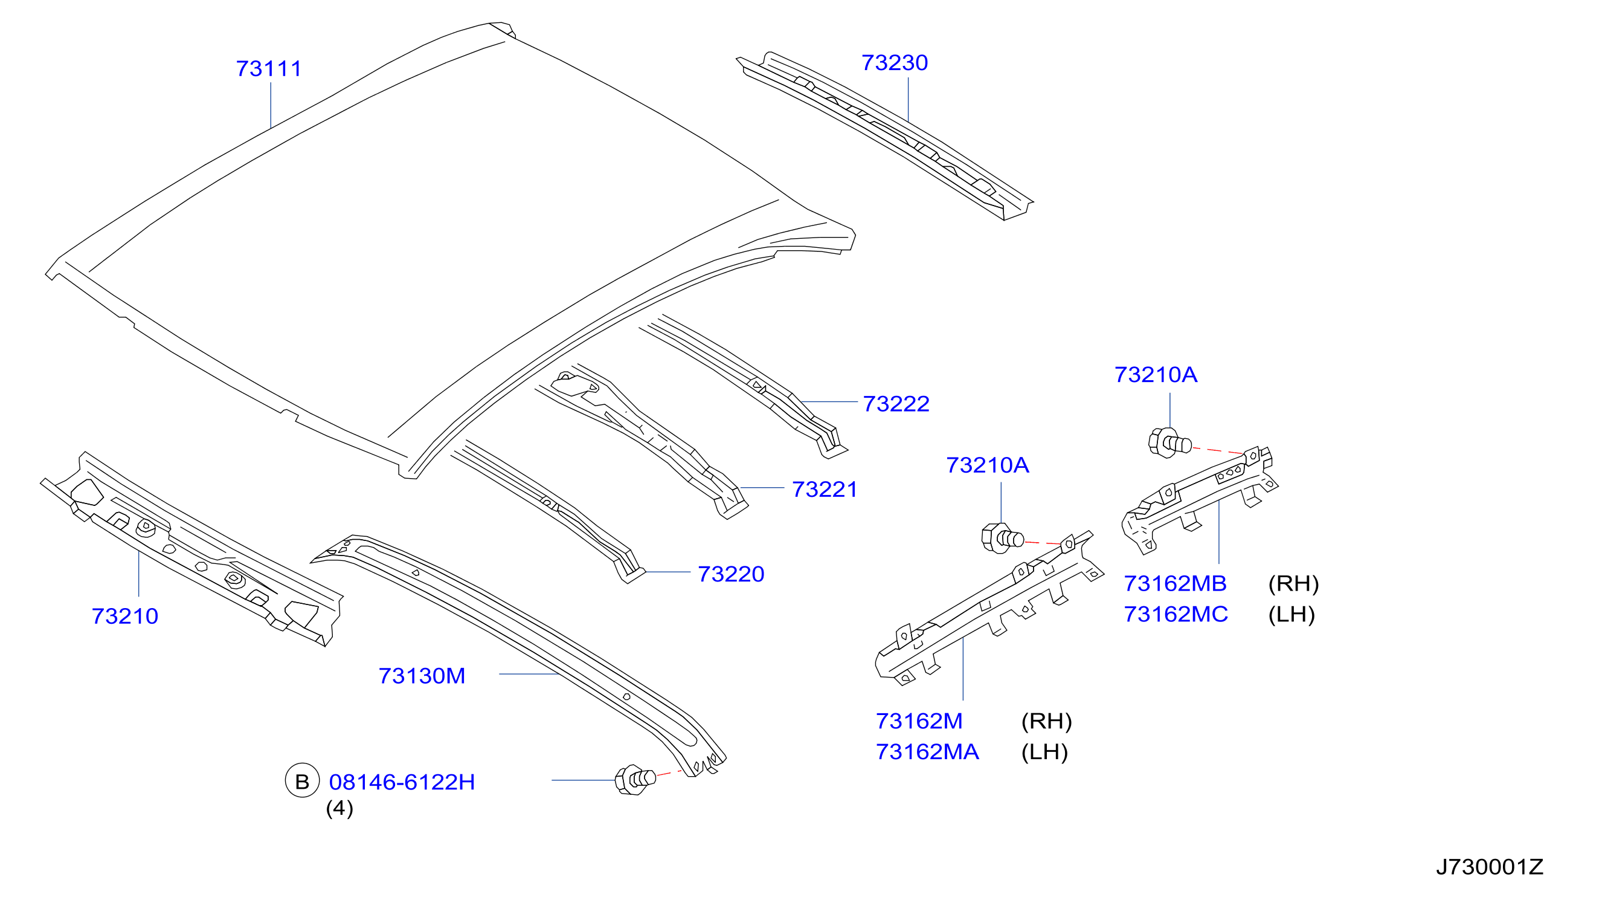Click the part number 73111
pyautogui.click(x=269, y=68)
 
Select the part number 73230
pyautogui.click(x=895, y=62)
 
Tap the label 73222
pyautogui.click(x=896, y=404)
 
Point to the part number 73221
pyautogui.click(x=825, y=490)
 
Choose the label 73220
pyautogui.click(x=731, y=574)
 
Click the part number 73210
pyautogui.click(x=124, y=616)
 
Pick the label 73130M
pyautogui.click(x=422, y=676)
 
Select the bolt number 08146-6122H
pyautogui.click(x=402, y=782)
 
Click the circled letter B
pyautogui.click(x=302, y=781)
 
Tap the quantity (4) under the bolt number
pyautogui.click(x=339, y=809)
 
